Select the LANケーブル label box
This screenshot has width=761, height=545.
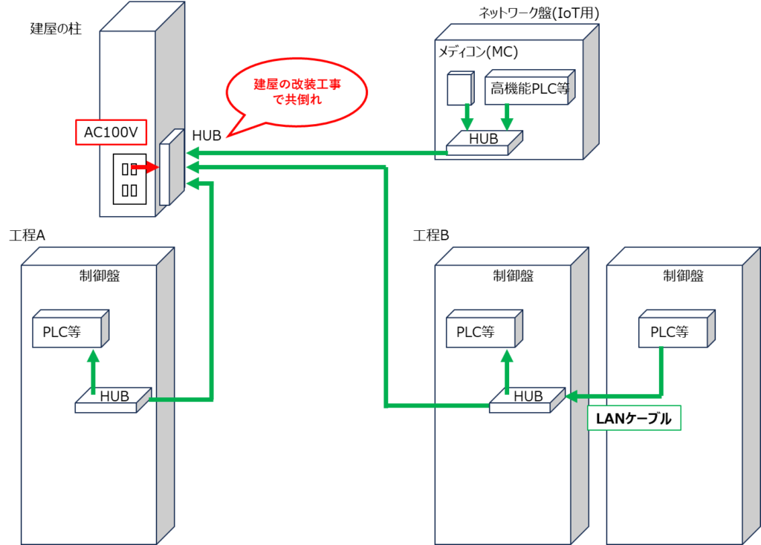point(634,419)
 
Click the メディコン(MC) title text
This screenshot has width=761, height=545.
point(478,52)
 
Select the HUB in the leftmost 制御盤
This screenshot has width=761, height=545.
point(113,399)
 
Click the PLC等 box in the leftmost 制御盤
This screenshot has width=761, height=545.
point(68,332)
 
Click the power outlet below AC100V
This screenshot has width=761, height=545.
point(129,178)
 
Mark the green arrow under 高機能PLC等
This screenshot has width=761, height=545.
point(508,116)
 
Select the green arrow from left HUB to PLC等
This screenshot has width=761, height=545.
point(93,371)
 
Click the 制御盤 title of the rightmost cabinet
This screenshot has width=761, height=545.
point(683,276)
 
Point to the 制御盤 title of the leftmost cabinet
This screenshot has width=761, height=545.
point(100,276)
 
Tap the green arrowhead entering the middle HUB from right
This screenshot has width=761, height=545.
point(572,396)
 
